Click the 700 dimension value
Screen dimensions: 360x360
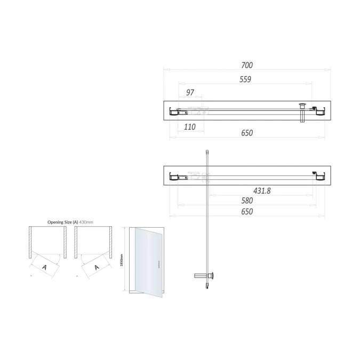point(246,66)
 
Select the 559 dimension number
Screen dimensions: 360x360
point(245,79)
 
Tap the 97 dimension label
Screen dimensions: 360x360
point(190,93)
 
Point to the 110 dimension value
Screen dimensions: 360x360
point(190,127)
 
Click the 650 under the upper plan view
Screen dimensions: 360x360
point(246,133)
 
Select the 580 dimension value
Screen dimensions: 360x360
point(246,201)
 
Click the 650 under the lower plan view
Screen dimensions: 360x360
point(246,212)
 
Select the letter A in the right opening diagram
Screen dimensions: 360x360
point(97,266)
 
